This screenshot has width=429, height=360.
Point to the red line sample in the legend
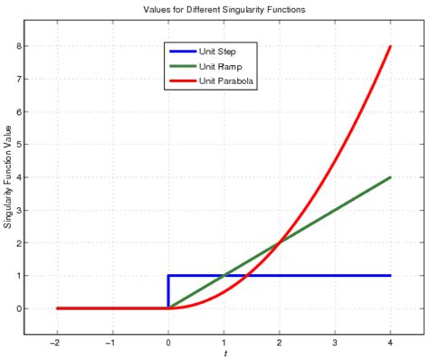[x=181, y=81]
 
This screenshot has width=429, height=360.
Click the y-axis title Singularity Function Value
[x=8, y=177]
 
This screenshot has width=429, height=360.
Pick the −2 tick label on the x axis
[x=56, y=341]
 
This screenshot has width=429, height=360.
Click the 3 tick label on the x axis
[x=335, y=341]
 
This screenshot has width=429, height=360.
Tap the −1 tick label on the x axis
[x=111, y=341]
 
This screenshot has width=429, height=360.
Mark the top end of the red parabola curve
[x=390, y=46]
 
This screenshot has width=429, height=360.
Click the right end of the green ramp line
[x=390, y=177]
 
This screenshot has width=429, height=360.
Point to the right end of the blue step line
[x=390, y=276]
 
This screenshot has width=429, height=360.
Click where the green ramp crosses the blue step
[x=224, y=276]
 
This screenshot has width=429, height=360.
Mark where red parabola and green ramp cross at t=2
[x=279, y=242]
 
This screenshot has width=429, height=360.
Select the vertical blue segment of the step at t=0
[x=168, y=292]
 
